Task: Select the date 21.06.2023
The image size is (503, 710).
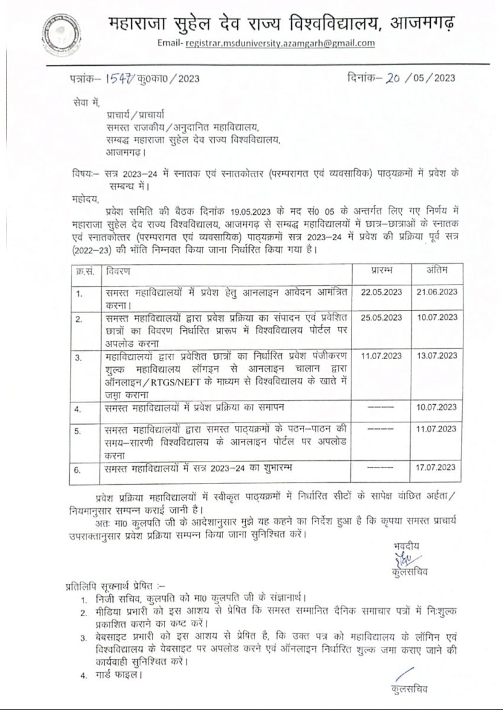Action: [437, 292]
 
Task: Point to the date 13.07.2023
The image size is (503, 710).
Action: [437, 356]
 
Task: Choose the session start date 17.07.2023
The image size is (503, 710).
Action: [437, 467]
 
